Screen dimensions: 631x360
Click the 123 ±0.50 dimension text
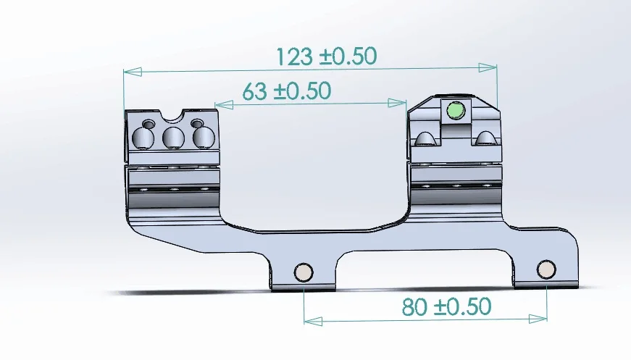pos(326,56)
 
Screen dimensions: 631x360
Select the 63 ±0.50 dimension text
pos(287,91)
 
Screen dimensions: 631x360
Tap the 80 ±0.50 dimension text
pos(446,306)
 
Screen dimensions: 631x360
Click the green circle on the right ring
pos(456,111)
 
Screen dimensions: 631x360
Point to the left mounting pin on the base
pos(304,272)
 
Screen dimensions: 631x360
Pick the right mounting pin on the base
pos(546,269)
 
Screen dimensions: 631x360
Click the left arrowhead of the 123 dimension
pos(133,72)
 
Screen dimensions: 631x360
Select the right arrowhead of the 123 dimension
pos(488,67)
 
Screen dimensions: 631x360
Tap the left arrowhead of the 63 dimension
pos(224,105)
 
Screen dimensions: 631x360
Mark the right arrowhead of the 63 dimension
pos(397,103)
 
